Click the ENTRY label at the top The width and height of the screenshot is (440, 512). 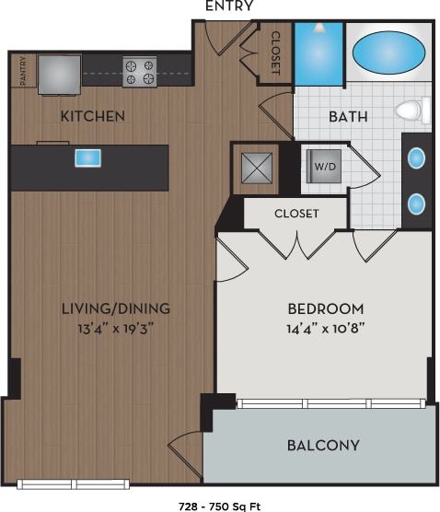228,7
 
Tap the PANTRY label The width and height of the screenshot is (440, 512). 21,71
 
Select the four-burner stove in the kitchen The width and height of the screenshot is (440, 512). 140,72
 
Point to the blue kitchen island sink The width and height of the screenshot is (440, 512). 88,157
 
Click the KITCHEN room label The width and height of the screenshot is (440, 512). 93,117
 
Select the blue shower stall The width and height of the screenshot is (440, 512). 318,54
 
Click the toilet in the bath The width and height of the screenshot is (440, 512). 411,112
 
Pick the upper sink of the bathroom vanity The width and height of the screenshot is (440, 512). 417,157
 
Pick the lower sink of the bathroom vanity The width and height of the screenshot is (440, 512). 417,203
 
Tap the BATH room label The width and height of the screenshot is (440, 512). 349,117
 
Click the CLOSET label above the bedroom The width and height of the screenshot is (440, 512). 296,214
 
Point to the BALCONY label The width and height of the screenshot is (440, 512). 322,446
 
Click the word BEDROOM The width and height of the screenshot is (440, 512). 326,308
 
